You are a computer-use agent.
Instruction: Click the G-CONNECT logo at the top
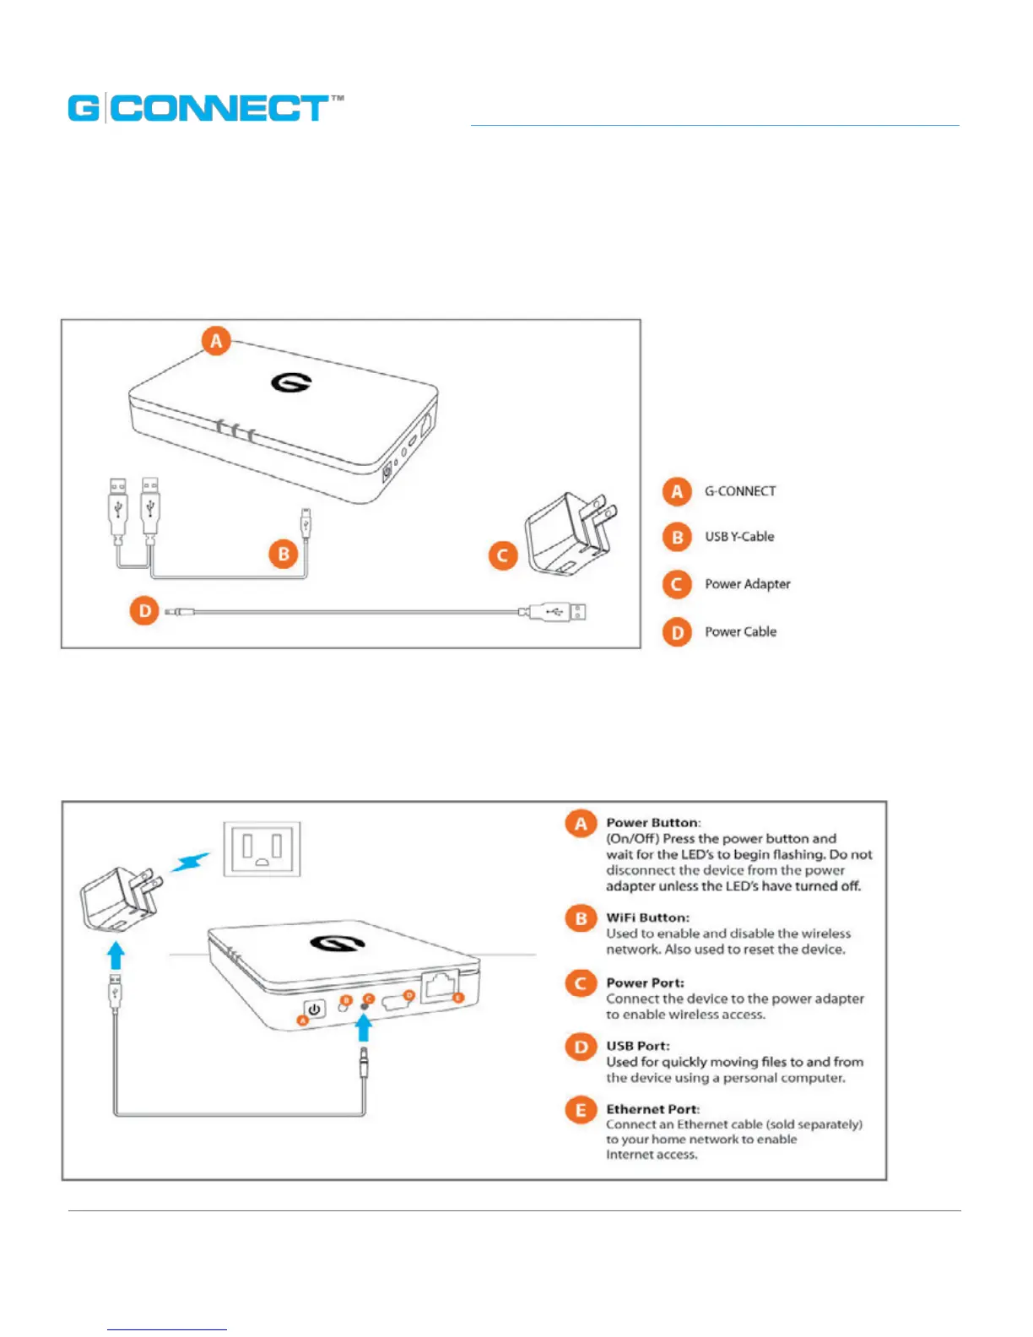(x=205, y=108)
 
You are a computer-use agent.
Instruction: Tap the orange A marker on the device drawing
(x=216, y=341)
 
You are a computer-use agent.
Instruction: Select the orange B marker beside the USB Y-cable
(x=284, y=554)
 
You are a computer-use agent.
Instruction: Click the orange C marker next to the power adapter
(x=503, y=555)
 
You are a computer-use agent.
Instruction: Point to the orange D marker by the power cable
(x=144, y=610)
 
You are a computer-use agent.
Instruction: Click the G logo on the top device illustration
(x=291, y=382)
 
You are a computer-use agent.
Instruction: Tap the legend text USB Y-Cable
(x=739, y=537)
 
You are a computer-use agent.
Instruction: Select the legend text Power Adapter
(x=748, y=584)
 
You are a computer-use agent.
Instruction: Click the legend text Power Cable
(x=740, y=631)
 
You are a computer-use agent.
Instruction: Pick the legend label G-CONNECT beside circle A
(x=740, y=491)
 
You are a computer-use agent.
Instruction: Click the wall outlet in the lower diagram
(x=262, y=849)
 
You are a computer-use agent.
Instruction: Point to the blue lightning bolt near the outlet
(x=191, y=862)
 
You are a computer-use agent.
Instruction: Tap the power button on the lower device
(x=315, y=1010)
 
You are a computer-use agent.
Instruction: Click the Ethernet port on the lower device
(x=440, y=984)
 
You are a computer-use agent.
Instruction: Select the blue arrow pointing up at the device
(x=364, y=1028)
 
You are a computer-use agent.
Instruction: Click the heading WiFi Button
(x=647, y=917)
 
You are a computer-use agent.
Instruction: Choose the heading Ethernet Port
(x=652, y=1109)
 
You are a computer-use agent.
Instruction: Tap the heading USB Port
(x=637, y=1046)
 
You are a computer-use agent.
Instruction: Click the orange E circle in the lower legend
(x=581, y=1110)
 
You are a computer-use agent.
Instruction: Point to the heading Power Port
(x=645, y=982)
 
